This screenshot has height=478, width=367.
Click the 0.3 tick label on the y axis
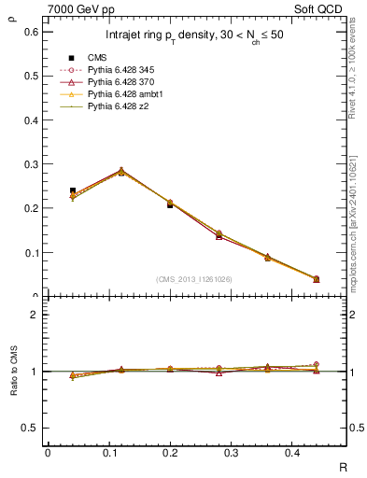(x=31, y=164)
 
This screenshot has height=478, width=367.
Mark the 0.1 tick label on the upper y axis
(x=31, y=252)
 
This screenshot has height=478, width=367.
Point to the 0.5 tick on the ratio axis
(x=31, y=428)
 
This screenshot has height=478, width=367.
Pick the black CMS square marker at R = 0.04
(x=73, y=190)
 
